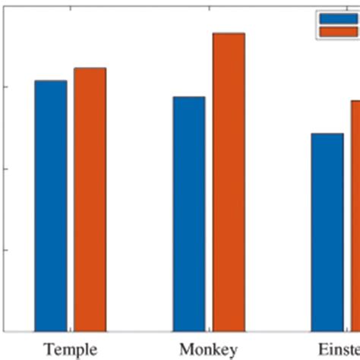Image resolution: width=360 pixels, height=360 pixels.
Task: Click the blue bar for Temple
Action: [50, 206]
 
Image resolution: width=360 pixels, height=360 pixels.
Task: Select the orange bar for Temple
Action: [90, 200]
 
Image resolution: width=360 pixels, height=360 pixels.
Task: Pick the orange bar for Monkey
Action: [229, 182]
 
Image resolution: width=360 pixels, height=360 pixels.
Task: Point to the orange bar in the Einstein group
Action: [355, 216]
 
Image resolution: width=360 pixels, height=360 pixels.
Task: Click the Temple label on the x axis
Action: [70, 349]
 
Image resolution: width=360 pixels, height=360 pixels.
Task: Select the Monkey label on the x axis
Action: [208, 349]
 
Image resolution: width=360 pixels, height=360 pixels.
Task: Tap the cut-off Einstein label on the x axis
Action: [338, 349]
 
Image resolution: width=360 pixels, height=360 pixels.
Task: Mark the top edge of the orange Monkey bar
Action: [229, 33]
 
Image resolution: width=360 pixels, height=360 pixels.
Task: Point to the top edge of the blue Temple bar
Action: [50, 81]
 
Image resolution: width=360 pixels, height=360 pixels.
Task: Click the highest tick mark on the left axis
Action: [5, 87]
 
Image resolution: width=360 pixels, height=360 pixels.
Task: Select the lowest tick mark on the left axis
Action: [5, 249]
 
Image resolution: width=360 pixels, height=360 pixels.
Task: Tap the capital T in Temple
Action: [48, 349]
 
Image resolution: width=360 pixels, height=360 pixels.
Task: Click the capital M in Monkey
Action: [185, 349]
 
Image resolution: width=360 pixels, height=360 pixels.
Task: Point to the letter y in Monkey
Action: [233, 352]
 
